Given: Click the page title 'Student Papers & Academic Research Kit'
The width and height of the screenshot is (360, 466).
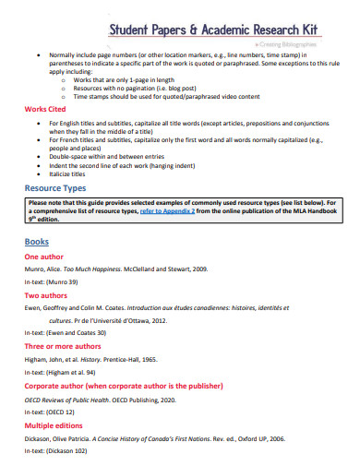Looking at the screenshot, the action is (x=211, y=30).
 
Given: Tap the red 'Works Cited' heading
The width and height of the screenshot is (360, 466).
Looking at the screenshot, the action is (x=42, y=109).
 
